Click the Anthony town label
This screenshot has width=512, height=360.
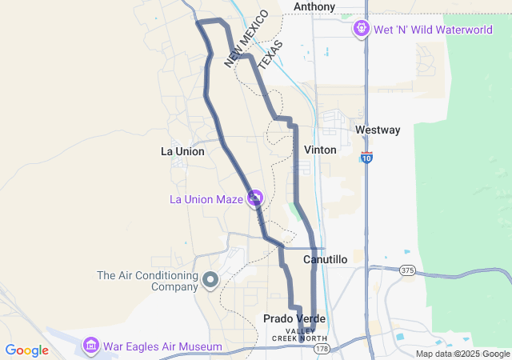314,6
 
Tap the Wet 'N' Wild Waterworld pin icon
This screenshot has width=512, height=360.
361,29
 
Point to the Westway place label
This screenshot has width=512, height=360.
378,130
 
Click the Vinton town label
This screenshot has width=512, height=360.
321,150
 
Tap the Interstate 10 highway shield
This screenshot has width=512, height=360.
366,158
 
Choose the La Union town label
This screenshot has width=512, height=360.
182,151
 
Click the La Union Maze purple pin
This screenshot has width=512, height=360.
255,197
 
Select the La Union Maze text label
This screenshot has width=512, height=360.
206,199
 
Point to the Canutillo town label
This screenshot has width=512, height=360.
326,260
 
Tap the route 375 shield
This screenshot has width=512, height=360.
407,270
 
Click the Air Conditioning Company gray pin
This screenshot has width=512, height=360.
210,279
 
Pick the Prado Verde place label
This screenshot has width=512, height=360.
294,318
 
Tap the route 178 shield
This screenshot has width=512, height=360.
320,349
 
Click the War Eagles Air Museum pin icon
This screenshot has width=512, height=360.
91,346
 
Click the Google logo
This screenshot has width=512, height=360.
27,350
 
